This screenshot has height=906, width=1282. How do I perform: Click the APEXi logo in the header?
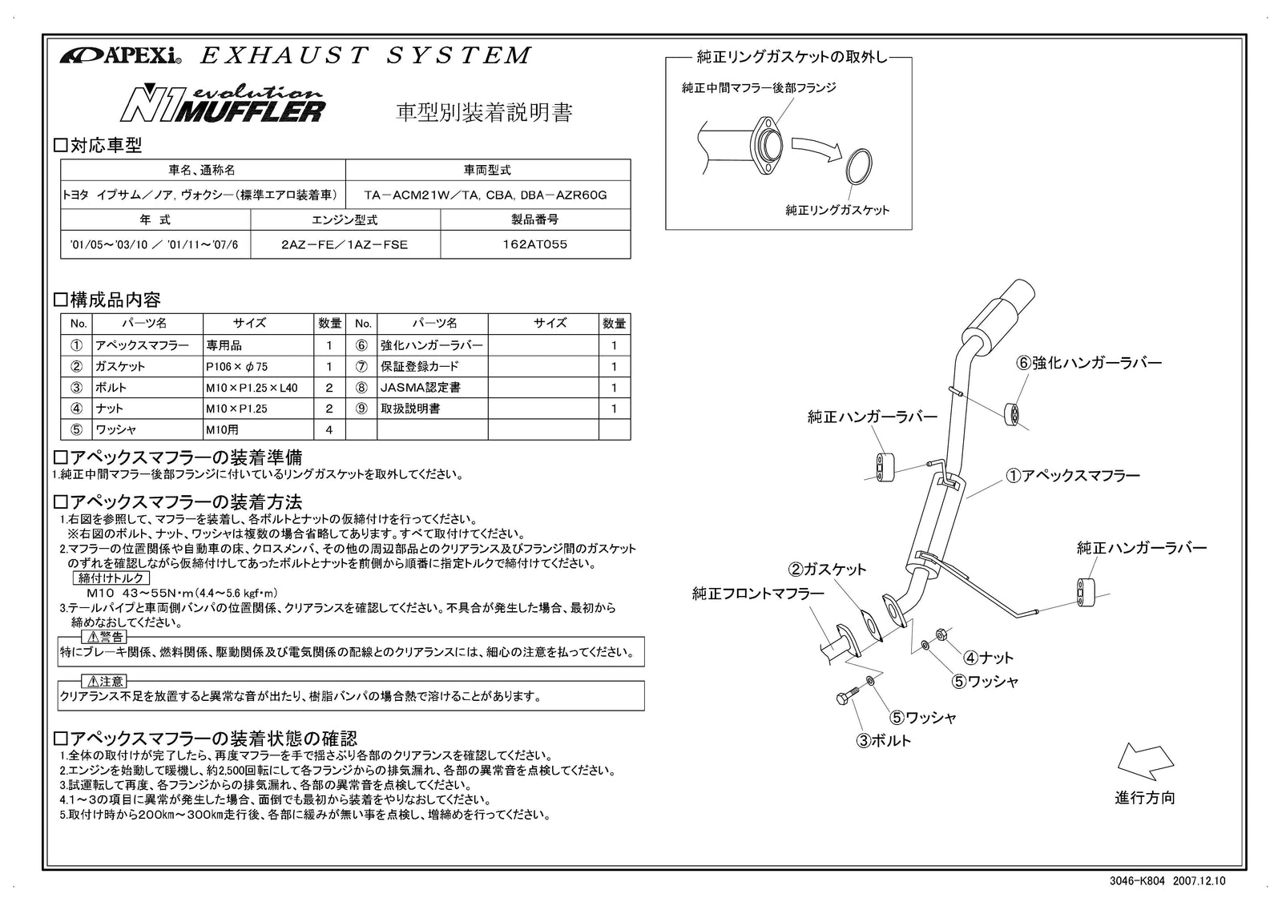click(x=120, y=56)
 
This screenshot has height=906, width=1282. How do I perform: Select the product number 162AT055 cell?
click(x=535, y=245)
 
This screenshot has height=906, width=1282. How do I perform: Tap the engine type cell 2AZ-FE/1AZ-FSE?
click(x=345, y=245)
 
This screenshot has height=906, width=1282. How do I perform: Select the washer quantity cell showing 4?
click(x=329, y=430)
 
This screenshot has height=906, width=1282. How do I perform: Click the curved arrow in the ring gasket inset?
click(x=816, y=147)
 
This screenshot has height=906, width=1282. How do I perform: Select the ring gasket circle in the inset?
click(x=859, y=167)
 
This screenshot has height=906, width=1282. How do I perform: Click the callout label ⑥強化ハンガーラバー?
click(x=1089, y=363)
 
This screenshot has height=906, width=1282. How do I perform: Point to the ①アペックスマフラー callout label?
click(x=1073, y=476)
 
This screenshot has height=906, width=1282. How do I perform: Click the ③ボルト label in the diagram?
click(x=884, y=741)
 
